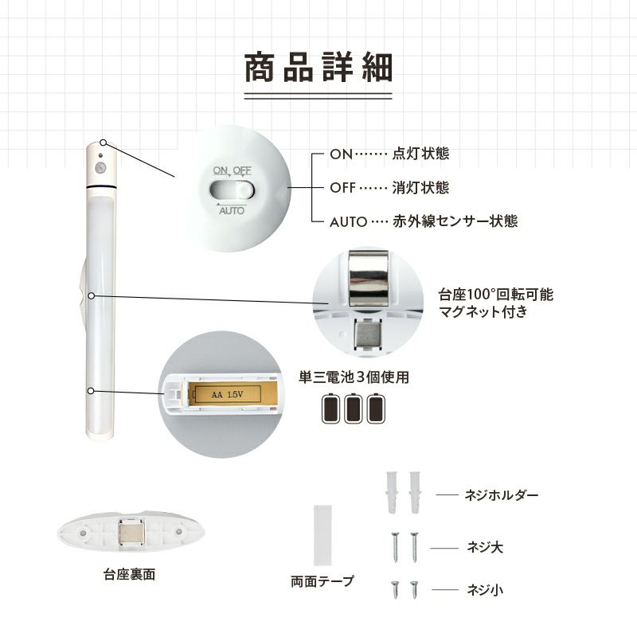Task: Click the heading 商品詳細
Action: tap(318, 68)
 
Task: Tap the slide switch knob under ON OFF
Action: tap(244, 190)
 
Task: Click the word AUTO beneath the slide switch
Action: tap(232, 210)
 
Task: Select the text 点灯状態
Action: tap(420, 154)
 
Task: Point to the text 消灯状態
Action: tap(420, 188)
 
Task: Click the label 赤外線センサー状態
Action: tap(455, 221)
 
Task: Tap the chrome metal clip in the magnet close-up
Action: tap(369, 279)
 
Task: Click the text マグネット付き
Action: tap(483, 311)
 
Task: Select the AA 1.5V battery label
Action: tap(228, 394)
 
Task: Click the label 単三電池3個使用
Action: tap(354, 377)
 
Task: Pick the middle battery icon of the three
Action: tap(353, 408)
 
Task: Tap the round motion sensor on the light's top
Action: tap(100, 167)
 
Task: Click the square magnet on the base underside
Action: tap(131, 532)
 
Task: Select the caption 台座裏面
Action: tap(129, 574)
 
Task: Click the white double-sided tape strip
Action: tap(323, 535)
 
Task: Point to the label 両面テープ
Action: tap(322, 581)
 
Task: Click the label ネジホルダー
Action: tap(502, 494)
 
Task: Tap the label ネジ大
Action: tap(485, 547)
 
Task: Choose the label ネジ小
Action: tap(485, 589)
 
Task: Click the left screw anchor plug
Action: tap(392, 492)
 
